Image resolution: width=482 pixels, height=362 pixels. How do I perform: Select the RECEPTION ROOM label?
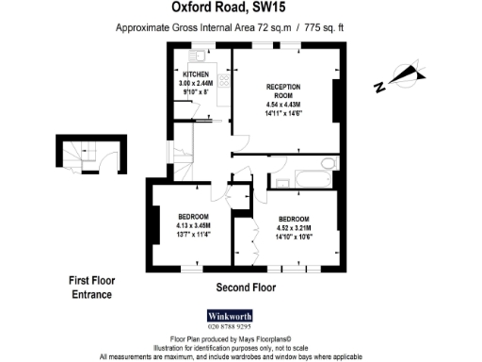(282, 91)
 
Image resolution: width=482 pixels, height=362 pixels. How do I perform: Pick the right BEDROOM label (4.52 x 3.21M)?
(295, 219)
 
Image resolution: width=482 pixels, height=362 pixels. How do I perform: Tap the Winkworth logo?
(232, 315)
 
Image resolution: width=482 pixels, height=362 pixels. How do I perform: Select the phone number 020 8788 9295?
(232, 327)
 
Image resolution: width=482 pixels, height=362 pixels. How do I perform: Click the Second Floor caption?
(246, 287)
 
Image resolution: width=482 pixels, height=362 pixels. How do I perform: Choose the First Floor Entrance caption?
(90, 288)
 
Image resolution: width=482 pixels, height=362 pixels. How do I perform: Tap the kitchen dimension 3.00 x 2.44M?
(195, 84)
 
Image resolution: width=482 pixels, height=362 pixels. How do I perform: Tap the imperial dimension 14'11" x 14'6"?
(282, 114)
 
